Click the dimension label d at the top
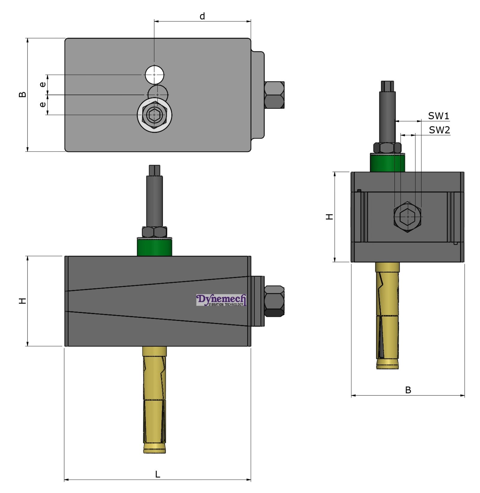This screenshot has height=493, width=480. (202, 16)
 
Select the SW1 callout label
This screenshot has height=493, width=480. (438, 116)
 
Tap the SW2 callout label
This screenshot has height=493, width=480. (439, 130)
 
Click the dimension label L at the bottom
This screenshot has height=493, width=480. (157, 474)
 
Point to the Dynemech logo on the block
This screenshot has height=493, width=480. (221, 300)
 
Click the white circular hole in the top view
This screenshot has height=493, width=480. (154, 75)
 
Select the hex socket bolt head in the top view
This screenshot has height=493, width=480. (154, 114)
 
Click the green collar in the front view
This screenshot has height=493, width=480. (154, 247)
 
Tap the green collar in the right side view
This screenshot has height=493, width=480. (387, 163)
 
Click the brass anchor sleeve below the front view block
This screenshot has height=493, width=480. (154, 400)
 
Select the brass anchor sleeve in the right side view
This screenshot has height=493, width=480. (387, 315)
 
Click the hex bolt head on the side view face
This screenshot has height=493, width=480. (407, 217)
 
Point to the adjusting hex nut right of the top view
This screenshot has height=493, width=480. (274, 95)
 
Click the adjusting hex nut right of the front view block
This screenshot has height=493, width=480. (274, 301)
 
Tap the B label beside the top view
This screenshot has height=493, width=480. (22, 94)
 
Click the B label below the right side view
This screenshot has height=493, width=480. (408, 390)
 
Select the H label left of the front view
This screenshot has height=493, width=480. (22, 301)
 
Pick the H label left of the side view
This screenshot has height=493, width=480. (329, 217)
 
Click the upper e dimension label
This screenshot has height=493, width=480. (43, 84)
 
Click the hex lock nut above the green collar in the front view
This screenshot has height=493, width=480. (154, 232)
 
